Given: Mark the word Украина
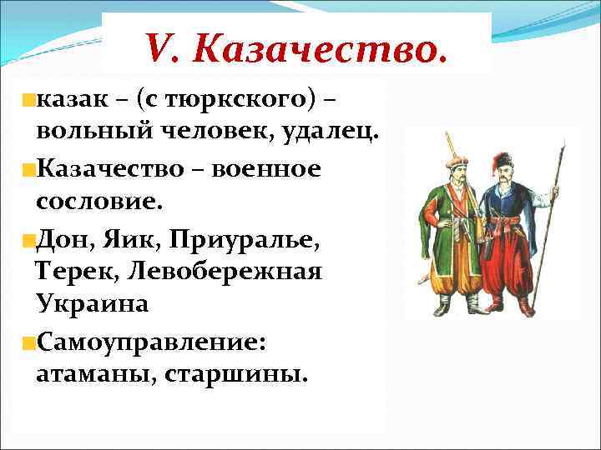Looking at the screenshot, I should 93,304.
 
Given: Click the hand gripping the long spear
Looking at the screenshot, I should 552,200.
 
